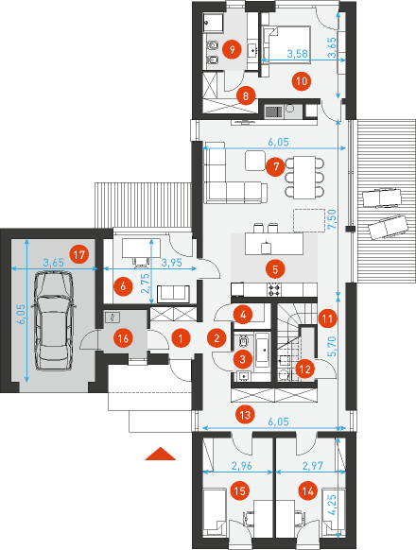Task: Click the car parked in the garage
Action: tap(53, 321)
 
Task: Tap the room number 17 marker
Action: tap(79, 254)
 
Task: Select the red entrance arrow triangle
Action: tap(161, 454)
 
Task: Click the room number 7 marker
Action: tap(275, 166)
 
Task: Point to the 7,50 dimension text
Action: tap(332, 219)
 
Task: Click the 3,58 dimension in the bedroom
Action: tap(297, 53)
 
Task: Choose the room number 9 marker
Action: tap(232, 49)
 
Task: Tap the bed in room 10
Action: tap(286, 44)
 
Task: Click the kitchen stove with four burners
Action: tap(274, 289)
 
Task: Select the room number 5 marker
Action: tap(275, 269)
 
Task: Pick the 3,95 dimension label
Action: tap(172, 263)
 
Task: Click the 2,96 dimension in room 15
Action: tap(242, 466)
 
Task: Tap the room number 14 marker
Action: tap(308, 490)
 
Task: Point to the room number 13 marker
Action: tap(245, 415)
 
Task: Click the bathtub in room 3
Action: tap(262, 350)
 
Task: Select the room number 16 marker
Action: tap(123, 338)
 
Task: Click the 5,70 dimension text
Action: tap(332, 346)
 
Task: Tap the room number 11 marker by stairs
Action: tap(327, 318)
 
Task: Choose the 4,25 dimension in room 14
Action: tap(332, 505)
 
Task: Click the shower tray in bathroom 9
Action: tap(214, 24)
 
